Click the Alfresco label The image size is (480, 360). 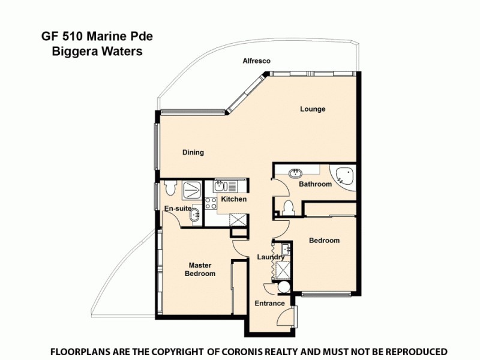256,61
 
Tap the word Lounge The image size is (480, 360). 313,109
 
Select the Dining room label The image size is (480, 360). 193,152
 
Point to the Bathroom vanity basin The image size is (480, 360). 295,173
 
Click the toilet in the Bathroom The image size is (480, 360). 287,208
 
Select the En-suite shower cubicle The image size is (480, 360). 191,190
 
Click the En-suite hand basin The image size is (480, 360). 195,214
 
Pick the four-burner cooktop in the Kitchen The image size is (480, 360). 211,203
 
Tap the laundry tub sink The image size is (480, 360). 284,248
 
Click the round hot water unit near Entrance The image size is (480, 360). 284,288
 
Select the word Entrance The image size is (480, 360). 269,304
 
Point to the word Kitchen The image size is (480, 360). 233,199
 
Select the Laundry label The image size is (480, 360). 271,257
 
